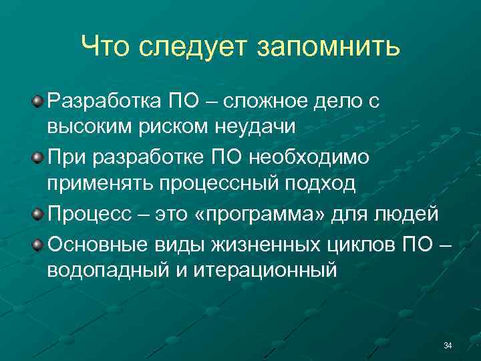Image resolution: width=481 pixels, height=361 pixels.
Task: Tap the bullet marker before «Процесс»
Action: click(x=38, y=214)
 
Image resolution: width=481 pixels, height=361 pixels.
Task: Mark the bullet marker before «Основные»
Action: click(x=38, y=242)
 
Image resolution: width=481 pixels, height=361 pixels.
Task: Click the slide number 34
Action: click(x=448, y=345)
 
